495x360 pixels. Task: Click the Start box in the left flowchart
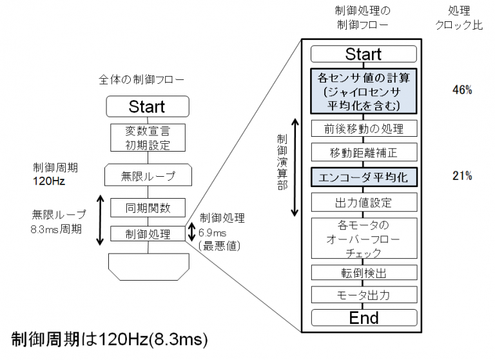pyautogui.click(x=147, y=106)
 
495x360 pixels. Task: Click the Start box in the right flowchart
pyautogui.click(x=363, y=54)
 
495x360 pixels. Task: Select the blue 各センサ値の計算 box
pyautogui.click(x=363, y=91)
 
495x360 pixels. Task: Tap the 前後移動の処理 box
pyautogui.click(x=363, y=128)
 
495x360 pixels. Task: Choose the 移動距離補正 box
pyautogui.click(x=363, y=152)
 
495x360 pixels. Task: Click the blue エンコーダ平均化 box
pyautogui.click(x=363, y=176)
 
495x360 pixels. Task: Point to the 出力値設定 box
pyautogui.click(x=363, y=202)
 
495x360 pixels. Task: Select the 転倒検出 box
pyautogui.click(x=363, y=272)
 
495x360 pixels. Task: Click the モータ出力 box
pyautogui.click(x=363, y=295)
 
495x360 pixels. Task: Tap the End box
pyautogui.click(x=363, y=317)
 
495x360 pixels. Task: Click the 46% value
pyautogui.click(x=462, y=90)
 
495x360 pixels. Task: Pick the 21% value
pyautogui.click(x=462, y=175)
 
